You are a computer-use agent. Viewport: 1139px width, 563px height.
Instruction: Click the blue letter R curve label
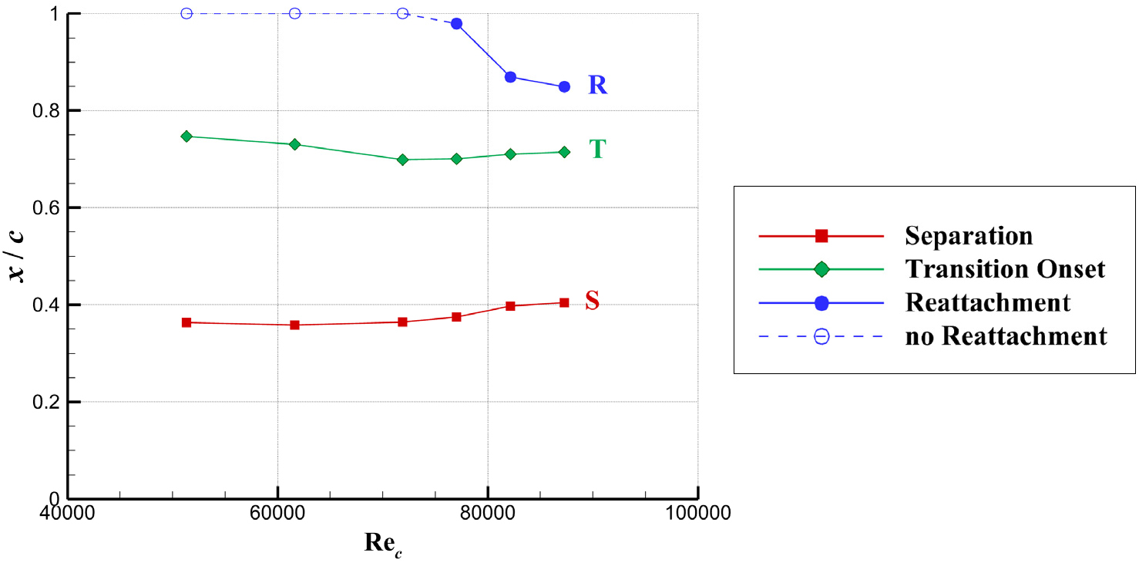597,86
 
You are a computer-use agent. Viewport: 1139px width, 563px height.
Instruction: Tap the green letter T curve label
597,150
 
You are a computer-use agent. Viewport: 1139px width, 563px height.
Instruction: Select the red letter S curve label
592,301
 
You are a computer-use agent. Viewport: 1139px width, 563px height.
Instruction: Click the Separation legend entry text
969,235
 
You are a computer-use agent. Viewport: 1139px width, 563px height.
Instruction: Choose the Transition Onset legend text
1006,269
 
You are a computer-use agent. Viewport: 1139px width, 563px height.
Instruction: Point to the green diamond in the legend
821,269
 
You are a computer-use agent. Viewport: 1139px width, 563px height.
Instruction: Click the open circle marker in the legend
821,337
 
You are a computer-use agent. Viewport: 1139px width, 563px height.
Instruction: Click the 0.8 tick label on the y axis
49,111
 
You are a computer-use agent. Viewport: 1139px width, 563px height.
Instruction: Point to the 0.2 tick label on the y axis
49,403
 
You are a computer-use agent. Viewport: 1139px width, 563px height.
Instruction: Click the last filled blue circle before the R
564,86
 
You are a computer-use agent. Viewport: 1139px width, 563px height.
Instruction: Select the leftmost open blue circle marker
186,13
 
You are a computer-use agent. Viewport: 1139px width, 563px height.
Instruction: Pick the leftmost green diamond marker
186,137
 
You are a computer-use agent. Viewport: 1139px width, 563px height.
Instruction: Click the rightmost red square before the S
564,303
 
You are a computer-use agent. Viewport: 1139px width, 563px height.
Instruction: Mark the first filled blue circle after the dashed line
456,24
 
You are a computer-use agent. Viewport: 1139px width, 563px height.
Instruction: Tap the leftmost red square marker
186,322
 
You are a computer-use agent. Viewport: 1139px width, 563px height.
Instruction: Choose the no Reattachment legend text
1006,337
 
